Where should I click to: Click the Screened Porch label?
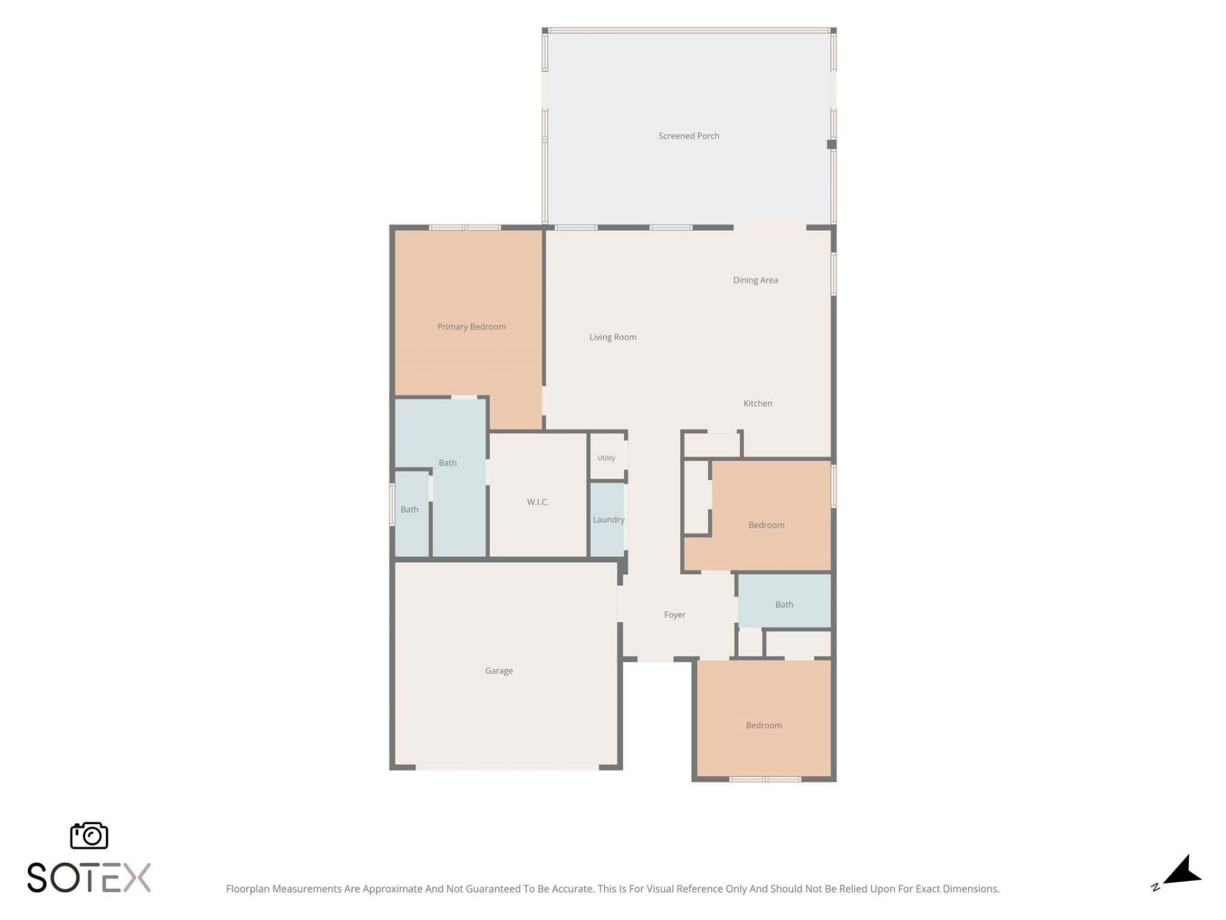tap(688, 136)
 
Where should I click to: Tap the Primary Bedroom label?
tap(471, 326)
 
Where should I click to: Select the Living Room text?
tap(612, 337)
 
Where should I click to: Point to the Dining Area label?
tap(755, 280)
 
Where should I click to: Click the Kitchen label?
tap(757, 403)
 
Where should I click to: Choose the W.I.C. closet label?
tap(538, 502)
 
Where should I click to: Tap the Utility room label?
tap(606, 458)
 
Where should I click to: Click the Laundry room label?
tap(608, 519)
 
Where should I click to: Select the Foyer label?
tap(674, 615)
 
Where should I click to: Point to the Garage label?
tap(499, 671)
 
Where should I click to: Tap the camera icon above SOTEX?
tap(89, 835)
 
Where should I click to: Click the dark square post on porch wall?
tap(831, 144)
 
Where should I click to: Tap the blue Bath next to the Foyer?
tap(784, 601)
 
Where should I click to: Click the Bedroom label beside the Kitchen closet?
tap(766, 525)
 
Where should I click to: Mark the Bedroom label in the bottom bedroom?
tap(764, 725)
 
